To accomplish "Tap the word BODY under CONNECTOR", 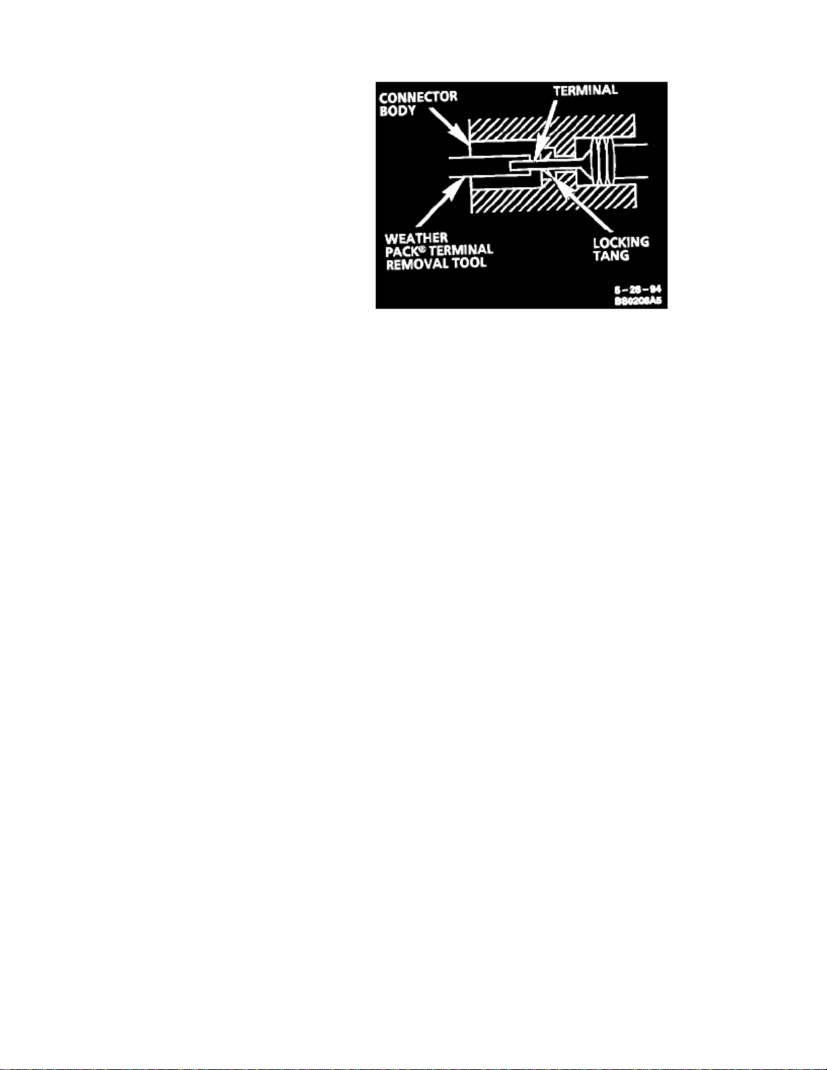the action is click(x=398, y=111).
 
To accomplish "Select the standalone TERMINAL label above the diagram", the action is click(x=585, y=90).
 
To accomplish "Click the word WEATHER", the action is click(x=416, y=238).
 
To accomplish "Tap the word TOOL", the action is click(x=469, y=263).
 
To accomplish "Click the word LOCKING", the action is click(x=621, y=242).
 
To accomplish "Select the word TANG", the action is click(x=611, y=256).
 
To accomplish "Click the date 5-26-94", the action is click(x=637, y=290).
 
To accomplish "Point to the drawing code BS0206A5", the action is click(x=637, y=302).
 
